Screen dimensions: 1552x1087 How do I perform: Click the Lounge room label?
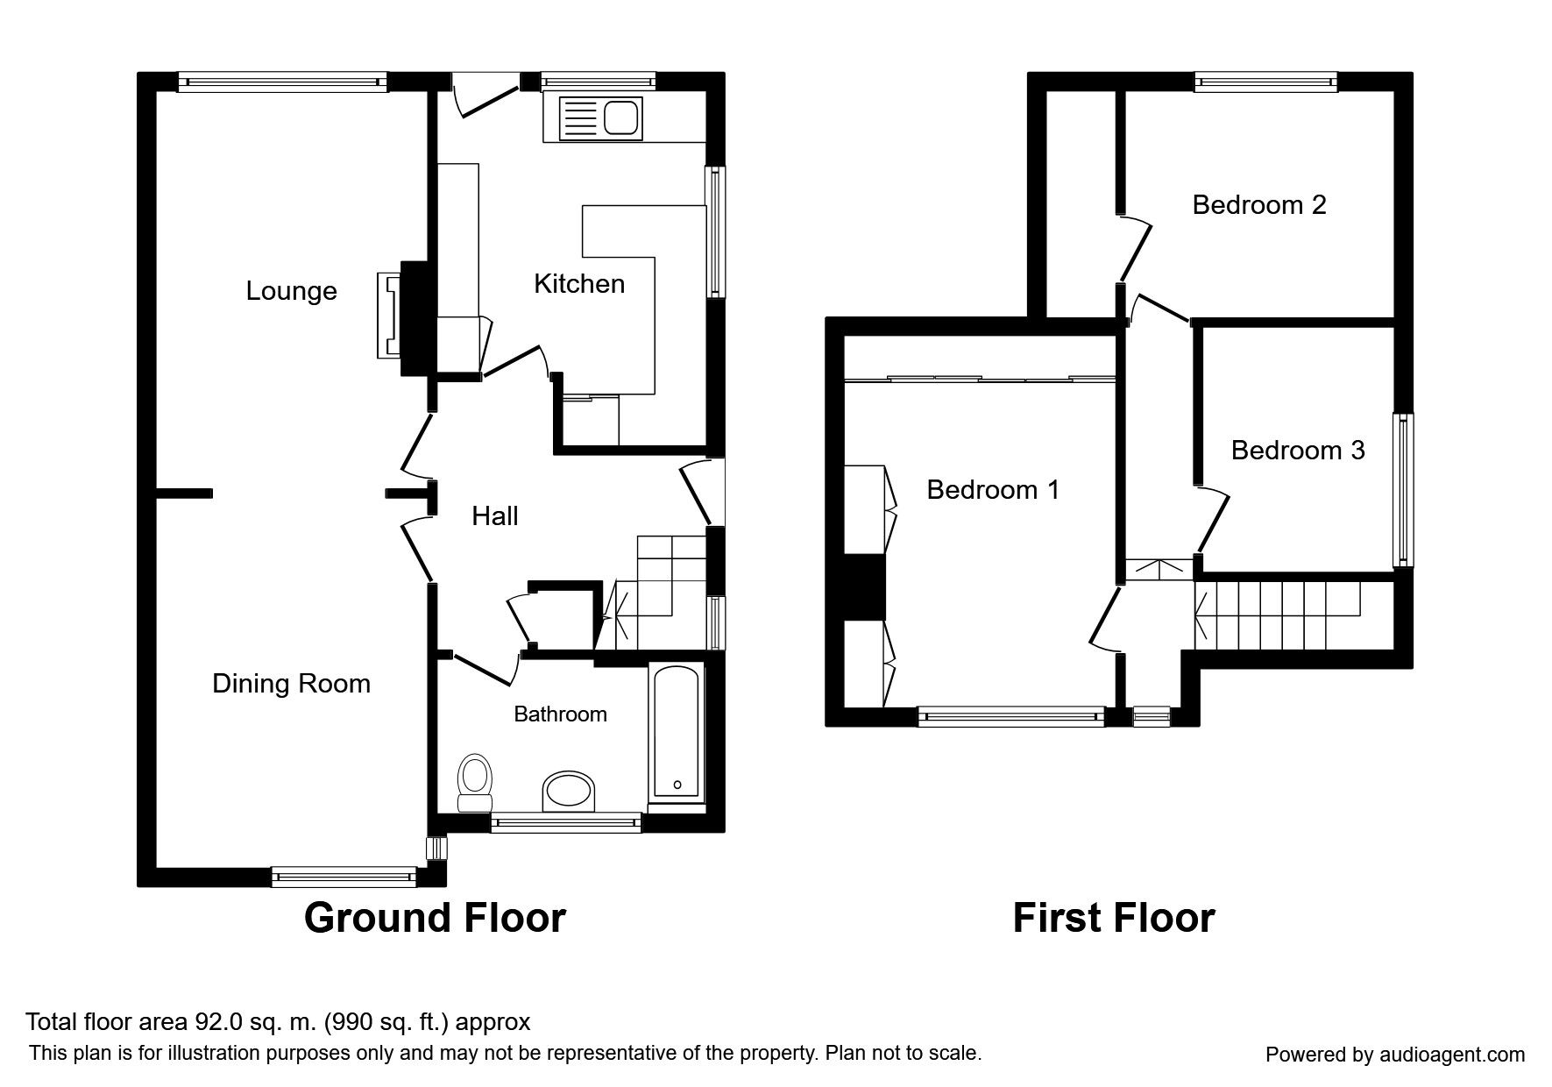pyautogui.click(x=291, y=291)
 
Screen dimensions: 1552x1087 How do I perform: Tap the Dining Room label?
pyautogui.click(x=291, y=684)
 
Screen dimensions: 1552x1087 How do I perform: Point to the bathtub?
pyautogui.click(x=676, y=734)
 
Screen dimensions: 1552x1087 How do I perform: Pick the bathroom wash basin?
pyautogui.click(x=570, y=793)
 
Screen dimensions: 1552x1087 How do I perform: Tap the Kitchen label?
pyautogui.click(x=579, y=284)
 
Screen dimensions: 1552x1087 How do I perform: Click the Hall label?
pyautogui.click(x=495, y=516)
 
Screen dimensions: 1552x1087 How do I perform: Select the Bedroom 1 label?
pyautogui.click(x=993, y=489)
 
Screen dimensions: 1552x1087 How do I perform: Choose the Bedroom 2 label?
pyautogui.click(x=1259, y=205)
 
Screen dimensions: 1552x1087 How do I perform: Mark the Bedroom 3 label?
pyautogui.click(x=1298, y=451)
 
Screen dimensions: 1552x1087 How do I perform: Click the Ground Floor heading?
pyautogui.click(x=435, y=918)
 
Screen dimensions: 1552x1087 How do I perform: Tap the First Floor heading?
pyautogui.click(x=1114, y=918)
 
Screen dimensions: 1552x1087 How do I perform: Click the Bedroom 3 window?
pyautogui.click(x=1404, y=490)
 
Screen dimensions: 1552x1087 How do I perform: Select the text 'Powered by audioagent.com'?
pyautogui.click(x=1395, y=1055)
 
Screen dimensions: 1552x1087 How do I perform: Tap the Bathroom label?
pyautogui.click(x=560, y=714)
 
